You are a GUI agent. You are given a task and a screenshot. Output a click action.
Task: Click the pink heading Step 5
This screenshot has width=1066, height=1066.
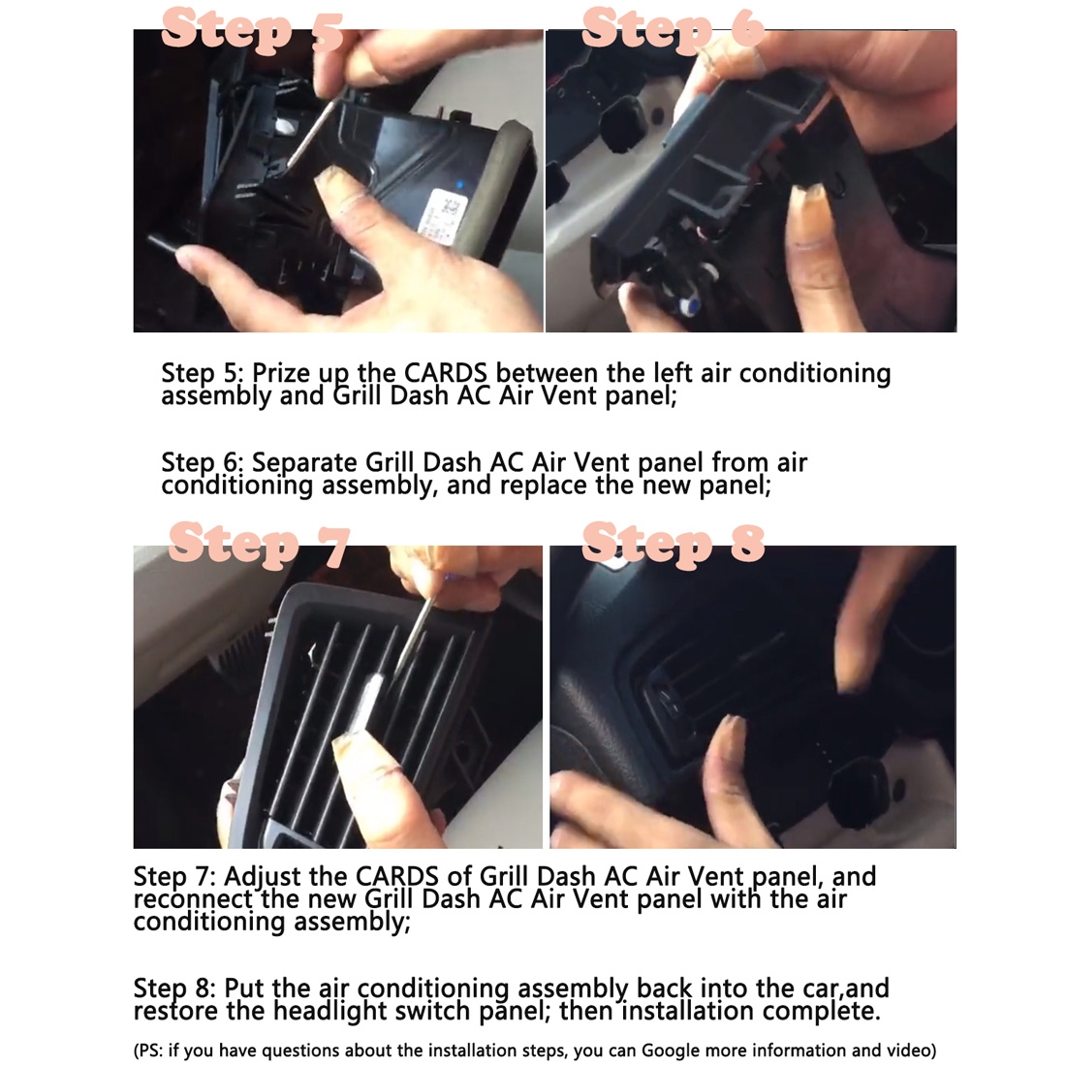pyautogui.click(x=252, y=28)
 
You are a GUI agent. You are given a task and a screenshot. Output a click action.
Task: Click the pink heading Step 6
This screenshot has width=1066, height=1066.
pyautogui.click(x=674, y=27)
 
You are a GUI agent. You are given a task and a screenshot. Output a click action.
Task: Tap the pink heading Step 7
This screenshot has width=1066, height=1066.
pyautogui.click(x=259, y=544)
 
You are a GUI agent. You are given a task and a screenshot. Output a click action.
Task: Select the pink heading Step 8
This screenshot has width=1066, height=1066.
pyautogui.click(x=674, y=543)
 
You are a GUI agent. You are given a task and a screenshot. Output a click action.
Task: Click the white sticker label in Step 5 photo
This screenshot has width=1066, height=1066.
pyautogui.click(x=446, y=216)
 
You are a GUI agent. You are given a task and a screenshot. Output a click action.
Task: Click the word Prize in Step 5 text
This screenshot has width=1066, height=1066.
pyautogui.click(x=280, y=373)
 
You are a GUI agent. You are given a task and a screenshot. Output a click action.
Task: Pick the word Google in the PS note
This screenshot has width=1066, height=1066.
pyautogui.click(x=674, y=1051)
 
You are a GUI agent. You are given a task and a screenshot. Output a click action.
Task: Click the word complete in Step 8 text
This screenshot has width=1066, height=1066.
pyautogui.click(x=821, y=1011)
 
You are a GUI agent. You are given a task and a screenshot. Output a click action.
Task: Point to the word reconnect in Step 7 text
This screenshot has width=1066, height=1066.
pyautogui.click(x=193, y=899)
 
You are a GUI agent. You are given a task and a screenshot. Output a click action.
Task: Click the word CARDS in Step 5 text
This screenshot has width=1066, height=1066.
pyautogui.click(x=446, y=372)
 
